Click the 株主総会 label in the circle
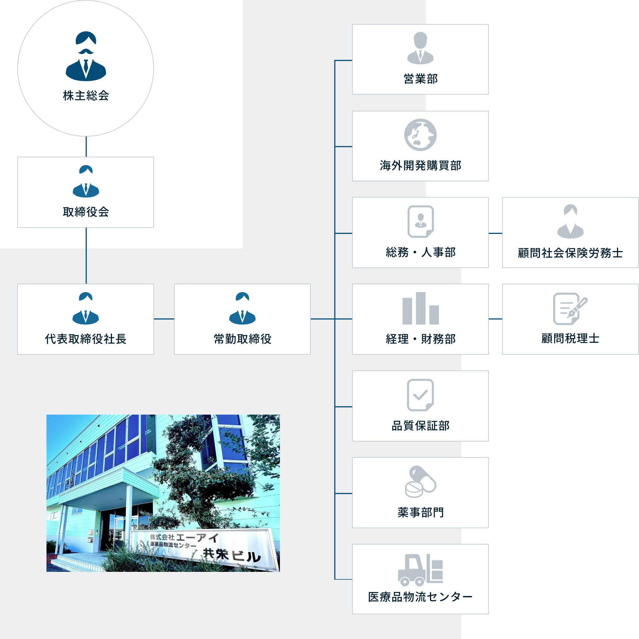click(x=86, y=96)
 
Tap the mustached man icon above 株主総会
click(x=86, y=56)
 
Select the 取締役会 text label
click(x=86, y=212)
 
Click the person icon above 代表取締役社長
click(x=86, y=308)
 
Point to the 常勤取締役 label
click(x=243, y=339)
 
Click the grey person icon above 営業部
click(x=420, y=48)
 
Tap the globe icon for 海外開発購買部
click(x=420, y=135)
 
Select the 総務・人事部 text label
click(x=421, y=253)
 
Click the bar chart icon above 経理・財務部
click(x=421, y=308)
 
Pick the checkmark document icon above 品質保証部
click(x=420, y=395)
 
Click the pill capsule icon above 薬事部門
click(x=420, y=482)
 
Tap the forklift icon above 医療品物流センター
click(x=420, y=570)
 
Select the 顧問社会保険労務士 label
click(x=570, y=253)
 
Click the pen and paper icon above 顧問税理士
click(x=570, y=309)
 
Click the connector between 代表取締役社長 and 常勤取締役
click(x=164, y=319)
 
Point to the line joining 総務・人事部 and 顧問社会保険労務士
click(x=495, y=234)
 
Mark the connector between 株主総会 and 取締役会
click(x=86, y=147)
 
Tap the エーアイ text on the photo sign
click(x=197, y=538)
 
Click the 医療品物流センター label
click(x=420, y=597)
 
